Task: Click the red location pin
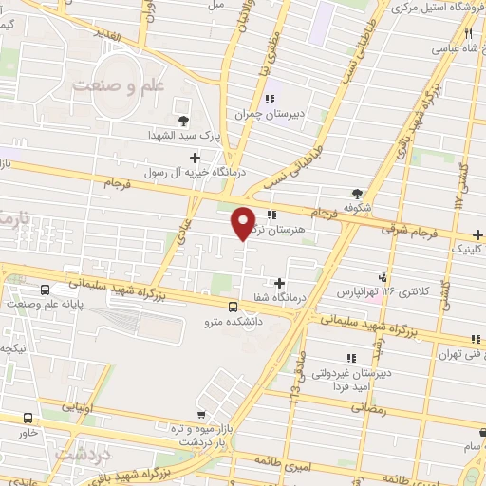pos(244,222)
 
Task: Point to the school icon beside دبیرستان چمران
pos(269,98)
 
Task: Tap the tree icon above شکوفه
pos(357,192)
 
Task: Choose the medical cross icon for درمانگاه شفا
pos(279,282)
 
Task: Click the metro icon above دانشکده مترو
pos(234,305)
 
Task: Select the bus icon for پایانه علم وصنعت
pos(45,290)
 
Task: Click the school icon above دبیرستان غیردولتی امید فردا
pos(350,357)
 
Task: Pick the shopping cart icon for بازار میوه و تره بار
pos(201,414)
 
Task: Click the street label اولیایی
pos(78,405)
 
